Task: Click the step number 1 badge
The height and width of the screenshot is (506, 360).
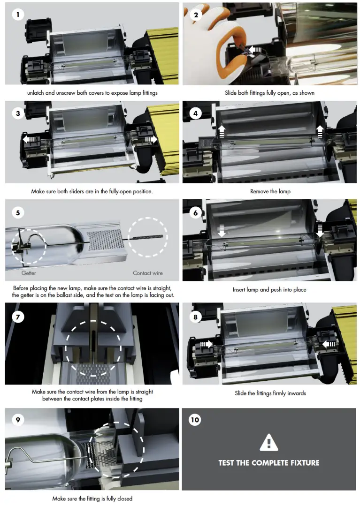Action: pos(18,15)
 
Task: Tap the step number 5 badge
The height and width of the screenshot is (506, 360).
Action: pos(18,213)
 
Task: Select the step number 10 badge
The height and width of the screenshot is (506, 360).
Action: pos(195,420)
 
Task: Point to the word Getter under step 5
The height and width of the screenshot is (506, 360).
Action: pos(29,273)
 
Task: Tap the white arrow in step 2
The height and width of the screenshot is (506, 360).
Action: pos(256,49)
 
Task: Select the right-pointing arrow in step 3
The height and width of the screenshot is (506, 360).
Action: pos(151,139)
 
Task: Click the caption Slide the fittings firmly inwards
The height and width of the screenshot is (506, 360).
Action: pos(270,393)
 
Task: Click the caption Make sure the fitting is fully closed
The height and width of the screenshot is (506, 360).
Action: pos(92,498)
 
